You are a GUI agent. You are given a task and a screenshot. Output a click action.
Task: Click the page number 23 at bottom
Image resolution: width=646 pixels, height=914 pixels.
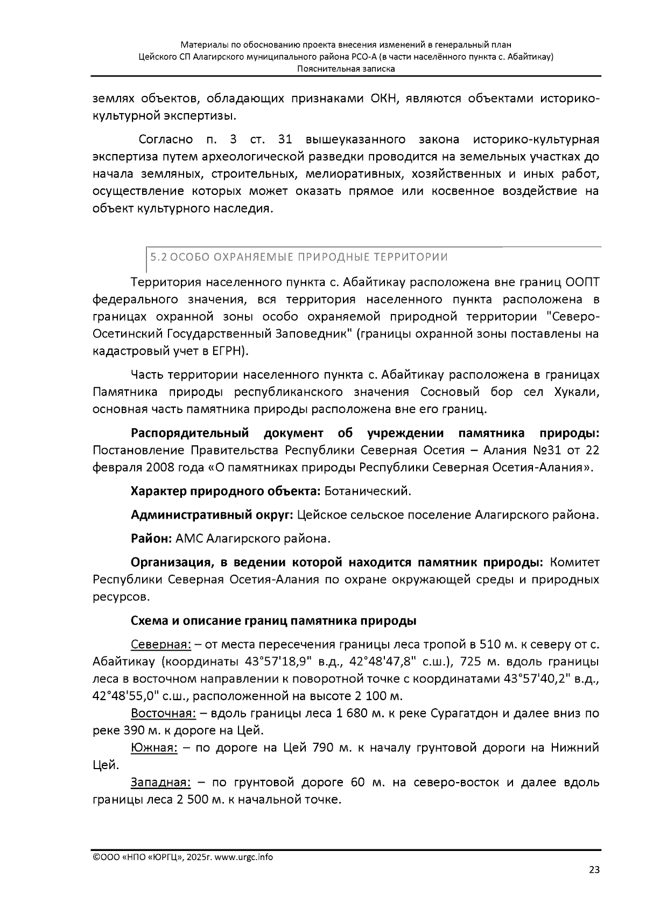593,869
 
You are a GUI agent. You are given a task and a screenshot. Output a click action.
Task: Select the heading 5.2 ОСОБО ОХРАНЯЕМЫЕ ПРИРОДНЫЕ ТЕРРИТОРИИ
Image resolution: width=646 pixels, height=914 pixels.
298,257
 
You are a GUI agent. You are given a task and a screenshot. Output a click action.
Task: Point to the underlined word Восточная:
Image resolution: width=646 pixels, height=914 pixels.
163,714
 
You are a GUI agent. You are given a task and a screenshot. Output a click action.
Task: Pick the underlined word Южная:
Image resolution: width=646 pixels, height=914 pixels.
154,748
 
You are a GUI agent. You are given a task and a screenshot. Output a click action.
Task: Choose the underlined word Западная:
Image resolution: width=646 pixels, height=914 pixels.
160,782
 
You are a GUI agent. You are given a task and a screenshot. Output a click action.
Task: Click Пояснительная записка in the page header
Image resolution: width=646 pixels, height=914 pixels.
346,69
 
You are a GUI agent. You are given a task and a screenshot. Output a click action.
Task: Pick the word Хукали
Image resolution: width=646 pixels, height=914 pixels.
575,392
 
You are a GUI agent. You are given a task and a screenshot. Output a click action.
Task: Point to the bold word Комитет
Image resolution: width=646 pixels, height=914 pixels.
574,562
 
